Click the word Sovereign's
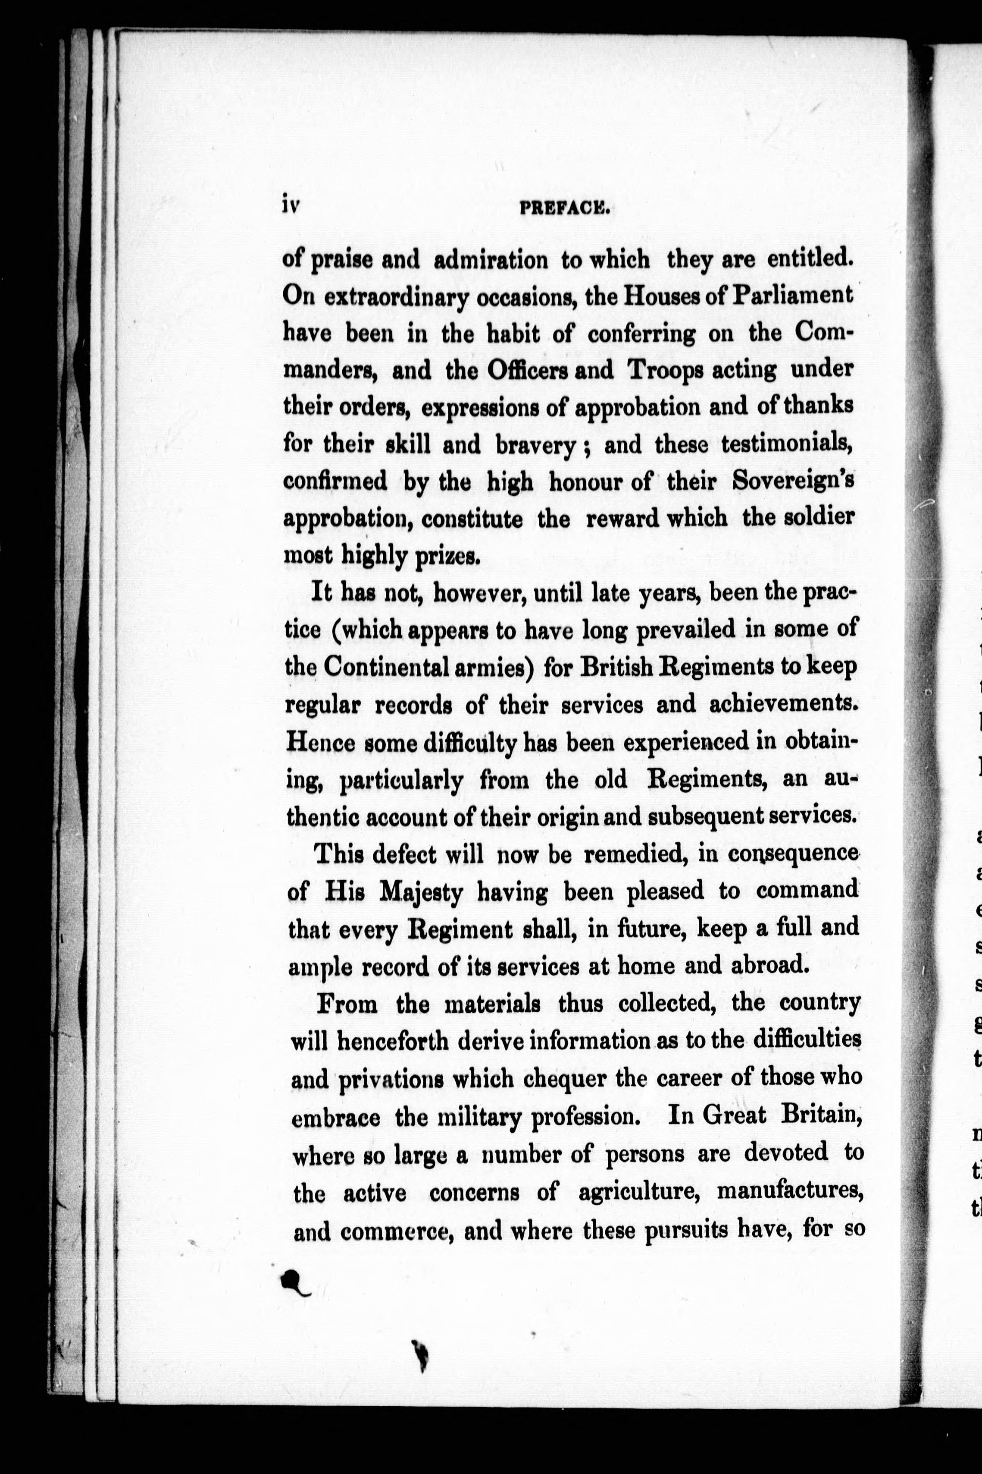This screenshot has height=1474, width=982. [792, 482]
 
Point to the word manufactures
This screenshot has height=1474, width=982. [790, 1191]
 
